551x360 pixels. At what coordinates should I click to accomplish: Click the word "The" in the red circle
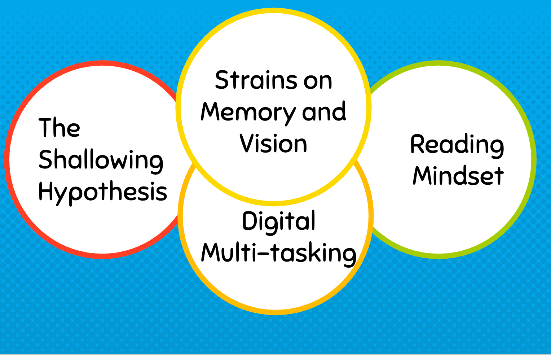tap(59, 128)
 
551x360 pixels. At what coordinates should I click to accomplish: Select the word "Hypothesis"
tap(103, 192)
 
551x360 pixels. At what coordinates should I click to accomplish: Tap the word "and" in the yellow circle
tap(324, 112)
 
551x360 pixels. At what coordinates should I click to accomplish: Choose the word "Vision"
tap(273, 144)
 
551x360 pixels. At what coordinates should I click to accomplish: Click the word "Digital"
tap(279, 221)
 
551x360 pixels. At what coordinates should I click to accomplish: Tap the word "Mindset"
tap(458, 176)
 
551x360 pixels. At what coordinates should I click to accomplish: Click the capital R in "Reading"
tap(418, 144)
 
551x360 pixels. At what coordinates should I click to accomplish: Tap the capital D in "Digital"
tap(249, 221)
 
